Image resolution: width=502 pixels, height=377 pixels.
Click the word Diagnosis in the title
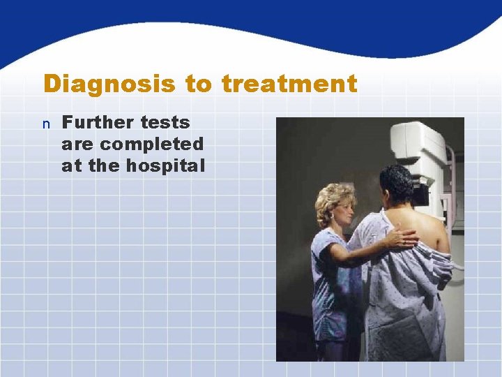click(109, 84)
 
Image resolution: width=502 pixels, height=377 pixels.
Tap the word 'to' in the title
click(199, 84)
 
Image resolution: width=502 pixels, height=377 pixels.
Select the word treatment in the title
click(289, 84)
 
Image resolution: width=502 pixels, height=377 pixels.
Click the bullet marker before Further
click(46, 124)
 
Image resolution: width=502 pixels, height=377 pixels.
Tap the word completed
click(151, 145)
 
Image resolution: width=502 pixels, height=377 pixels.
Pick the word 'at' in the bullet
click(72, 166)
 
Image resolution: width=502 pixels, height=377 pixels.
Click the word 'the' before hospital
click(104, 166)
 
